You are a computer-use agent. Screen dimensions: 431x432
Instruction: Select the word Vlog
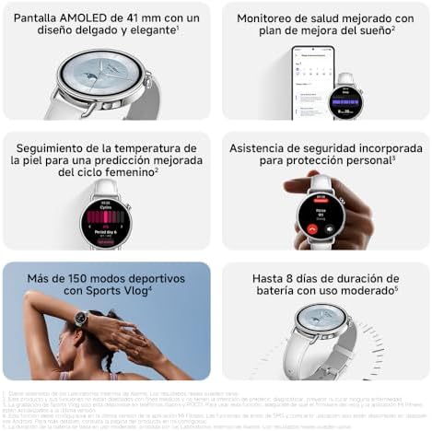pyautogui.click(x=132, y=290)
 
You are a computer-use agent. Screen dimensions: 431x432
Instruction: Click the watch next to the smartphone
pyautogui.click(x=346, y=99)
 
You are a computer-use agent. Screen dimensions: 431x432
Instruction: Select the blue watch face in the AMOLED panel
pyautogui.click(x=100, y=86)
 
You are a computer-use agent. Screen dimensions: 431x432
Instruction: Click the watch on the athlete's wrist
pyautogui.click(x=81, y=319)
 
